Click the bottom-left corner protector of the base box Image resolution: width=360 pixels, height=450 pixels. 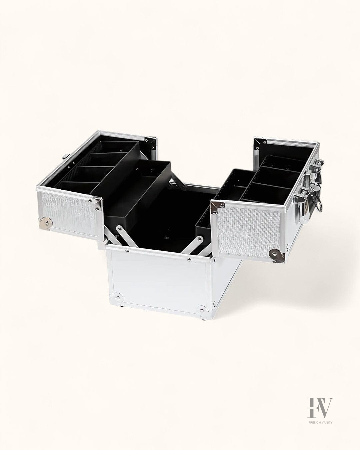[117, 298]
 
